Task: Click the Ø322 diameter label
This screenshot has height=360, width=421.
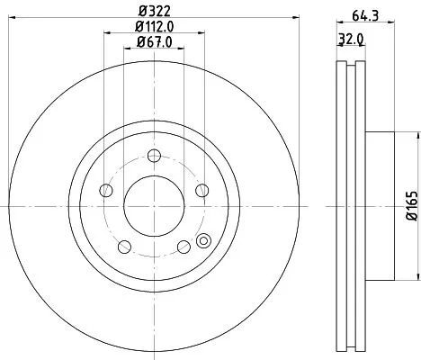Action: tap(152, 10)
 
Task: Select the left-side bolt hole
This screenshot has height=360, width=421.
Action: tap(106, 189)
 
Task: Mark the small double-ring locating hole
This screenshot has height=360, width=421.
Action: tap(202, 240)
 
